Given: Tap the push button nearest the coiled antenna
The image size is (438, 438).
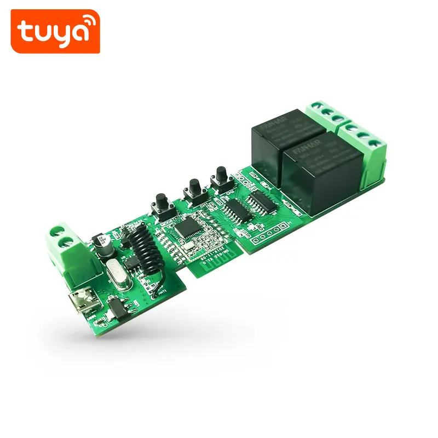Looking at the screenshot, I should tap(162, 205).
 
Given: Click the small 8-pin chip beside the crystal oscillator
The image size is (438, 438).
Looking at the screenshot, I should tap(131, 263).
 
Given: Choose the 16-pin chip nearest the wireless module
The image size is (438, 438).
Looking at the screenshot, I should tap(238, 211).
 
